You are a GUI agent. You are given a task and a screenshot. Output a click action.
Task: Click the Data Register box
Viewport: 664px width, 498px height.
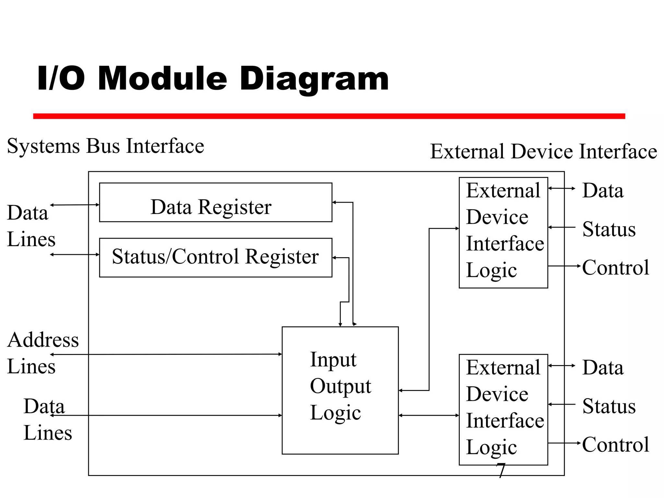pos(216,203)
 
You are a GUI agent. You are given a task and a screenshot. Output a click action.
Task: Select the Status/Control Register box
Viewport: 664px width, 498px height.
pos(216,257)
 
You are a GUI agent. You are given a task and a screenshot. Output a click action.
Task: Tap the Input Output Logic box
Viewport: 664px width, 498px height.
pos(340,390)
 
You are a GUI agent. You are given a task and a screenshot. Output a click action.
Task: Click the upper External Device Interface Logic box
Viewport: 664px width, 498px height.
pos(503,232)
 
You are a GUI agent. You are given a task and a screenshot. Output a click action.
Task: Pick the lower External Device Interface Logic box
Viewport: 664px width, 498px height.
pos(503,409)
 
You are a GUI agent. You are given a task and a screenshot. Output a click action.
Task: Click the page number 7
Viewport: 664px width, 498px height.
pos(501,470)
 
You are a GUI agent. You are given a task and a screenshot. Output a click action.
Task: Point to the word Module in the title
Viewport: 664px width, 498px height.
pos(162,79)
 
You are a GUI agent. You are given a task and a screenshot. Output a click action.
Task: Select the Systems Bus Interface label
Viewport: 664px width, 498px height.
pos(105,146)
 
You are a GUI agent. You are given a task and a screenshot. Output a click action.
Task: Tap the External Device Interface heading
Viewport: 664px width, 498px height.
pos(543,151)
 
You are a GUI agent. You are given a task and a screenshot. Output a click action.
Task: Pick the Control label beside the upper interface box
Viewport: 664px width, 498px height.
pos(615,267)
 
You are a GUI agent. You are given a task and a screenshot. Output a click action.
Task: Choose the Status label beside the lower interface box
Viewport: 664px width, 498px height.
pos(609,406)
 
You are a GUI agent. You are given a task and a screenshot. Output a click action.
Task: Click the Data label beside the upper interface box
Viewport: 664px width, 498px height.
pos(603,190)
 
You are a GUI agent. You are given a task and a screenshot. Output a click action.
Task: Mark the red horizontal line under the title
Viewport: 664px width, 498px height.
pos(329,116)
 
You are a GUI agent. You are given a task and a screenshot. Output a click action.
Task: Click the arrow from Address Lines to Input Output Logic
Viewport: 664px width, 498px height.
pos(166,354)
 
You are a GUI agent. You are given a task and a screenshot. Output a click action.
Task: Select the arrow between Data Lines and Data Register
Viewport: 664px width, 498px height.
pos(75,205)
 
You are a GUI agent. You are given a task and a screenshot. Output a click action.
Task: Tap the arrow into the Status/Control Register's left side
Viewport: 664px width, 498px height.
pos(75,255)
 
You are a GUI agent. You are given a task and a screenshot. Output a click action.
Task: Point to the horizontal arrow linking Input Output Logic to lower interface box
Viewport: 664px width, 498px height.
pos(429,415)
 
